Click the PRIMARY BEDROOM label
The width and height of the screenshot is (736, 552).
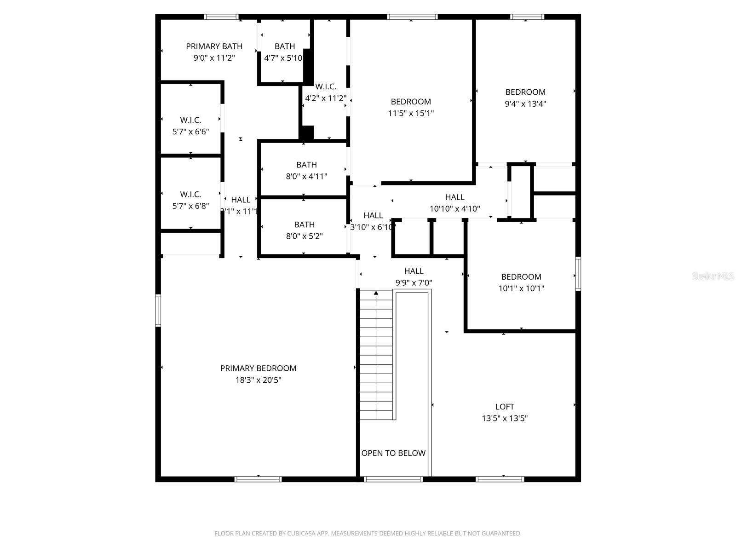(258, 368)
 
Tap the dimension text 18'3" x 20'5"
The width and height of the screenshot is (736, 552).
(258, 380)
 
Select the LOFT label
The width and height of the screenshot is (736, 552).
(505, 407)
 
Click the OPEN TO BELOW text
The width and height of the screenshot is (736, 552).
(393, 453)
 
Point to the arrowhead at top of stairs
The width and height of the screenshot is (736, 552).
(376, 293)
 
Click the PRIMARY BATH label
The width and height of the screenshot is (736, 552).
(214, 46)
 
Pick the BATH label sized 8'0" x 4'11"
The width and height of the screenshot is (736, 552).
(306, 165)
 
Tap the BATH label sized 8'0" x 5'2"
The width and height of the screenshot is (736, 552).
(304, 224)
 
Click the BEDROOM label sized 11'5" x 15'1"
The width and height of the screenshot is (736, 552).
(411, 102)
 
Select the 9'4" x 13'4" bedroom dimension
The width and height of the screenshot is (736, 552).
(525, 104)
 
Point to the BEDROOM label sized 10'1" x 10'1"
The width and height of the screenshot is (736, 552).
(521, 277)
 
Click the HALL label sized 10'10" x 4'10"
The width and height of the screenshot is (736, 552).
(454, 197)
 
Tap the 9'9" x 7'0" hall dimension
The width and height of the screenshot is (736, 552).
(414, 283)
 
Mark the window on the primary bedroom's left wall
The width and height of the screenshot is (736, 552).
(158, 310)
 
